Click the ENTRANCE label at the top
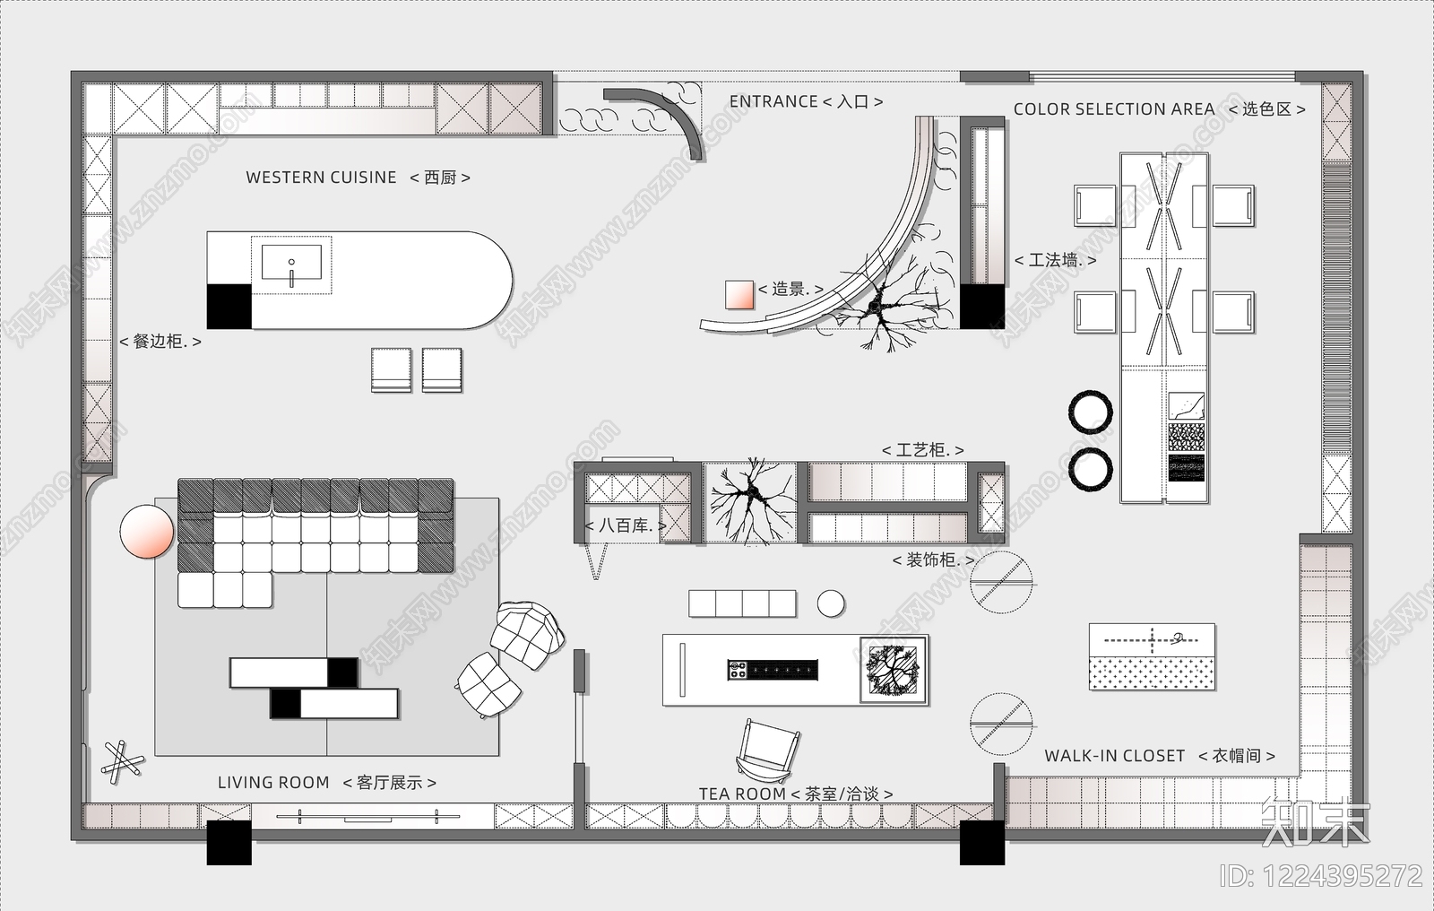773,101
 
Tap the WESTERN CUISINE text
322,178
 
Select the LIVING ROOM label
273,782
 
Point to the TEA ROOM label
742,794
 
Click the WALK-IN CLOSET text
1115,756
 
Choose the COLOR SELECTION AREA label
1114,108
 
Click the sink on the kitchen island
291,263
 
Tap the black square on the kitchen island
229,307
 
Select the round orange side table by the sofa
147,531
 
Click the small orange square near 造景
739,295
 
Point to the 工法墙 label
1056,260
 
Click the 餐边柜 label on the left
160,341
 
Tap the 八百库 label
626,526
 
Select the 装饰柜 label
934,560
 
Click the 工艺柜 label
922,450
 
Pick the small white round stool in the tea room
831,603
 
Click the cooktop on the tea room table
773,670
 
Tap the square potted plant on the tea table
894,670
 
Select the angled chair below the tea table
767,750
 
